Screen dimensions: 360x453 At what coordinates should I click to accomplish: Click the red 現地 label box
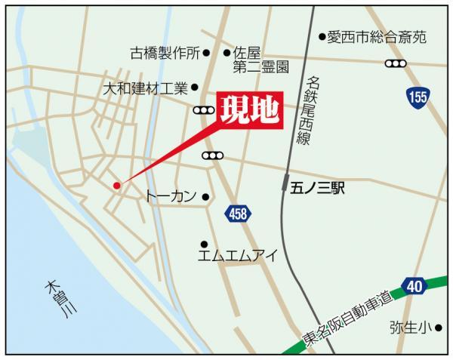(250, 112)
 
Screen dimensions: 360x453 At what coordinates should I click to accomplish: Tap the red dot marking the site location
(116, 185)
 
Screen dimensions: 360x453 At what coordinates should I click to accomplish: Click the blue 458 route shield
(236, 215)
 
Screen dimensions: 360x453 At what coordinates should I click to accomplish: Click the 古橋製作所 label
(165, 54)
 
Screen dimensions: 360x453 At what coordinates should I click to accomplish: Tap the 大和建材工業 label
(145, 88)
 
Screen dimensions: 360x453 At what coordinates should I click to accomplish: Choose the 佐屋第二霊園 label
(260, 60)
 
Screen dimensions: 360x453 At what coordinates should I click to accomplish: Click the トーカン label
(171, 196)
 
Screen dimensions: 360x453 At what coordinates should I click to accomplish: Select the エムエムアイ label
(237, 256)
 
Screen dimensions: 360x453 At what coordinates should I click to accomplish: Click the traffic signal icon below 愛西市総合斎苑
(396, 63)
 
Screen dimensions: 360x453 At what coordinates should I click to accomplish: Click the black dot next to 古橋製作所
(206, 54)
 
